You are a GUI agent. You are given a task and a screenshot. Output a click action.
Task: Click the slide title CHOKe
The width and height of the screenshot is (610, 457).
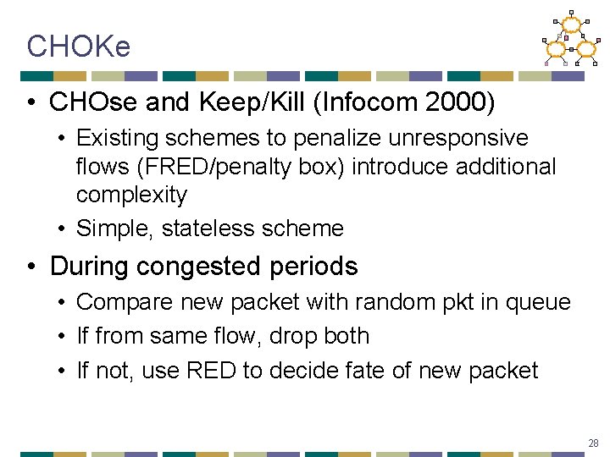point(79,47)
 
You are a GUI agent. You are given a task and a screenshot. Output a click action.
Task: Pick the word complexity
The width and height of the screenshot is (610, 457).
point(131,195)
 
